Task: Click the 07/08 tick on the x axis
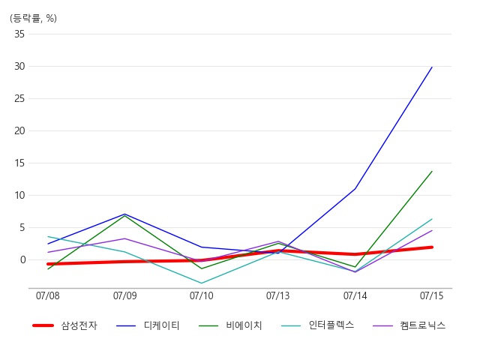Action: pyautogui.click(x=48, y=296)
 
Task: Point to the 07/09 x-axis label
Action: pyautogui.click(x=124, y=296)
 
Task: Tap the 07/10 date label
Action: pyautogui.click(x=202, y=296)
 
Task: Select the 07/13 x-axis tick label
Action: pyautogui.click(x=278, y=296)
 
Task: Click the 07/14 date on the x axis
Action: pyautogui.click(x=355, y=296)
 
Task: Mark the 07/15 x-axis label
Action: pyautogui.click(x=432, y=296)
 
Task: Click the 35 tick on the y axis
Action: pyautogui.click(x=19, y=34)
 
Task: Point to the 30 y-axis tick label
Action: pyautogui.click(x=19, y=67)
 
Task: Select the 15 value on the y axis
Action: pyautogui.click(x=19, y=163)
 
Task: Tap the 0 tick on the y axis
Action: pyautogui.click(x=22, y=259)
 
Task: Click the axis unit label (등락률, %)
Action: pyautogui.click(x=33, y=18)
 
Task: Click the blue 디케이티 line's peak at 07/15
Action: pyautogui.click(x=432, y=67)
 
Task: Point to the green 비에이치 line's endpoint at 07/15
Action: pyautogui.click(x=432, y=171)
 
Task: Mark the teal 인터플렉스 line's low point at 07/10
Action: pyautogui.click(x=202, y=283)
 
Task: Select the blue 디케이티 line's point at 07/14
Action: pyautogui.click(x=355, y=188)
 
